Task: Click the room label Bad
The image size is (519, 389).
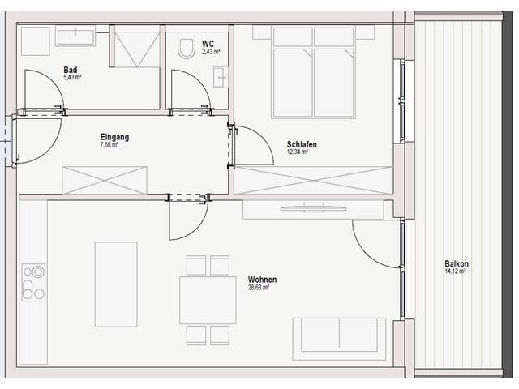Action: [71, 70]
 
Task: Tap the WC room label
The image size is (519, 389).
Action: [208, 44]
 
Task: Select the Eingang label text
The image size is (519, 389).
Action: [114, 137]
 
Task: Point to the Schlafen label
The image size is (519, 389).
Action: [302, 144]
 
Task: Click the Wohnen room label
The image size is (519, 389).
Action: [262, 280]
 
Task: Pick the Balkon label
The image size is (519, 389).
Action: [457, 264]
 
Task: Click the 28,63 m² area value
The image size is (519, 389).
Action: [258, 288]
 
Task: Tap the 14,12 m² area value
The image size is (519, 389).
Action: [455, 271]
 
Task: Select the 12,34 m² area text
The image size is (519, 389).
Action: [298, 152]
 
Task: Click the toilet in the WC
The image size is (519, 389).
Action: [187, 45]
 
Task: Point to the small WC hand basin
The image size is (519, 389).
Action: [220, 78]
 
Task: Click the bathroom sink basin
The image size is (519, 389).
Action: [75, 38]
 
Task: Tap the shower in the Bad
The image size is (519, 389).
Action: [135, 46]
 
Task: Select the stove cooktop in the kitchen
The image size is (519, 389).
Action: [33, 282]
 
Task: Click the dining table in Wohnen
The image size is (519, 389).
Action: [208, 300]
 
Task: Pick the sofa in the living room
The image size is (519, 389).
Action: [339, 339]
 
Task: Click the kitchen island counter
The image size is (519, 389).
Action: [116, 284]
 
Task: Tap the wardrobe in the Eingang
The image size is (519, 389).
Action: [105, 181]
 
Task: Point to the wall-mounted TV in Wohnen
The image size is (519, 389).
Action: [314, 208]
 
